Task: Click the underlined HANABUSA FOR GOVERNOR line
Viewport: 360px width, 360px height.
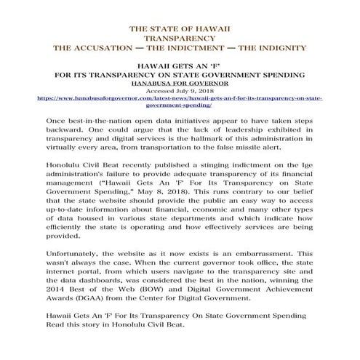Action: [179, 82]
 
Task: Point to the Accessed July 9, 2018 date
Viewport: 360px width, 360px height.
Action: [179, 89]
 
